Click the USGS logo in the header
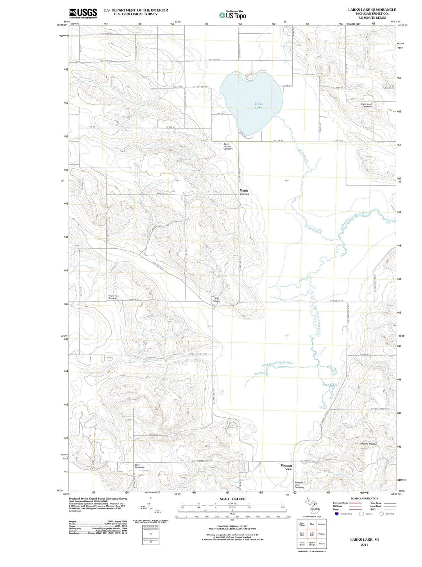point(83,14)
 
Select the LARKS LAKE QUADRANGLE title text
point(372,10)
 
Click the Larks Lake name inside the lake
point(258,105)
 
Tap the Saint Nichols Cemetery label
point(228,146)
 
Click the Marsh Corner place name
point(244,192)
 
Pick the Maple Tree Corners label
point(113,297)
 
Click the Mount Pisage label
point(368,444)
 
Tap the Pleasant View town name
point(286,467)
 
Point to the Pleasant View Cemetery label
point(299,485)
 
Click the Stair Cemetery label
point(139,466)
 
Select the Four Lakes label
point(330,385)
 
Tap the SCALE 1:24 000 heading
point(232,499)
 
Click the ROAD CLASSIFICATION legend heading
point(364,498)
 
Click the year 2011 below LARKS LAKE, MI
point(364,545)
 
